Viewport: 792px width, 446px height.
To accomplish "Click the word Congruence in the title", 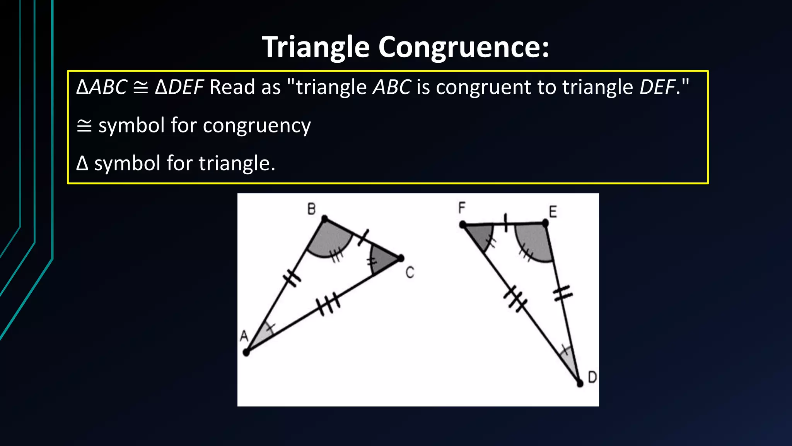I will pyautogui.click(x=463, y=47).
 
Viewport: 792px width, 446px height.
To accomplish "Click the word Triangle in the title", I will pyautogui.click(x=316, y=47).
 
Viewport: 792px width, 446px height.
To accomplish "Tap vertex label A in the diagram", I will pyautogui.click(x=244, y=336).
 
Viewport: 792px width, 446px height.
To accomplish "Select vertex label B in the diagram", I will pyautogui.click(x=311, y=209).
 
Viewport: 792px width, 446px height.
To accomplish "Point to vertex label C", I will pyautogui.click(x=410, y=273).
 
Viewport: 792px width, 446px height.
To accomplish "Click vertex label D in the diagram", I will pyautogui.click(x=592, y=377).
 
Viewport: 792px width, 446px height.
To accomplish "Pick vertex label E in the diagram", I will pyautogui.click(x=553, y=212).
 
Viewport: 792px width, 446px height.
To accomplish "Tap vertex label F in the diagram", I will pyautogui.click(x=462, y=208).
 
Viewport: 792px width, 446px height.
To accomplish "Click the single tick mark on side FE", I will pyautogui.click(x=505, y=223).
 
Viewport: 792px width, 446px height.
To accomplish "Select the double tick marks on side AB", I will pyautogui.click(x=292, y=277).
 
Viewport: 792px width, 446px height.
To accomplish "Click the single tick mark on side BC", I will pyautogui.click(x=363, y=237).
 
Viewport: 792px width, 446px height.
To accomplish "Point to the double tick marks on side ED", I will pyautogui.click(x=563, y=293).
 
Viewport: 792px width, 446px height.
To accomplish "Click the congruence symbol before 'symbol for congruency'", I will pyautogui.click(x=84, y=126).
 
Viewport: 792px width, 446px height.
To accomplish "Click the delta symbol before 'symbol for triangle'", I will pyautogui.click(x=82, y=163).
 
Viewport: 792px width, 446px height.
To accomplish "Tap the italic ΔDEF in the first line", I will pyautogui.click(x=179, y=87).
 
